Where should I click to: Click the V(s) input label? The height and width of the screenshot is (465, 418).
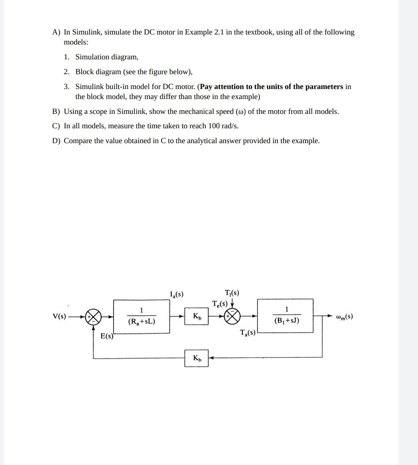coord(59,316)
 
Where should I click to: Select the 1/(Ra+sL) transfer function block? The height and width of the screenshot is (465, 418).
coord(141,316)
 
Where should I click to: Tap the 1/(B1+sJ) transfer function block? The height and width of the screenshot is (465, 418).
coord(285,316)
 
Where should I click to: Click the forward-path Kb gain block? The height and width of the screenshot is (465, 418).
coord(197,316)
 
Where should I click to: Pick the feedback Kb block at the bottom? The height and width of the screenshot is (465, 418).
coord(197,358)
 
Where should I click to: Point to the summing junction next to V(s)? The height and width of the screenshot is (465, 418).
coord(93,316)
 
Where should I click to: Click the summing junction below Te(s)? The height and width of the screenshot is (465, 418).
coord(232,316)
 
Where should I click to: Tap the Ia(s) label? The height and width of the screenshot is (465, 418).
coord(177,294)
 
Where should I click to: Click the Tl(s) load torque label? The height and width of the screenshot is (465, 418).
coord(232,293)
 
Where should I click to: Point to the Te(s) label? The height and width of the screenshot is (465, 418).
coord(220,303)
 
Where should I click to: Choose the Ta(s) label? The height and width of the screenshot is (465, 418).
coord(248,332)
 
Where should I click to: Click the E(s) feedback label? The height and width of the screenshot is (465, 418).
coord(106,336)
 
